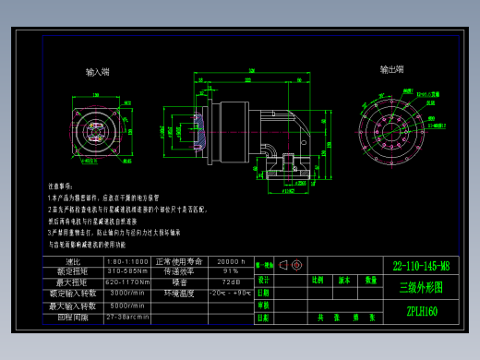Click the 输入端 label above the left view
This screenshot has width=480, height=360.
tap(98, 71)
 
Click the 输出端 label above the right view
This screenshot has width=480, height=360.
tap(391, 69)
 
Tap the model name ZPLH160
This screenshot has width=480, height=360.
tap(421, 311)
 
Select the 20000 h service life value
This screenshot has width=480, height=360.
tap(230, 261)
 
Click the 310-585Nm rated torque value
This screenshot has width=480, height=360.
tap(128, 271)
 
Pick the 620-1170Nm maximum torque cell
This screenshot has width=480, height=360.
tap(128, 282)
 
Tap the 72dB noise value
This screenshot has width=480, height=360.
tap(230, 282)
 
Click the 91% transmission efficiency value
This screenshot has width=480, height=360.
tap(230, 271)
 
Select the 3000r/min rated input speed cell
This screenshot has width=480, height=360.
tap(128, 293)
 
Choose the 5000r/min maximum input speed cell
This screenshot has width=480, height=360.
tap(128, 305)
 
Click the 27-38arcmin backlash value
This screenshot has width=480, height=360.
tap(128, 316)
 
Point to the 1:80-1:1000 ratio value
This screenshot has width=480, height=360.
tap(128, 261)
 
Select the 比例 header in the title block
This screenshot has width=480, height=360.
tap(317, 279)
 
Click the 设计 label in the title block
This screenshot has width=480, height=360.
tap(263, 279)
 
